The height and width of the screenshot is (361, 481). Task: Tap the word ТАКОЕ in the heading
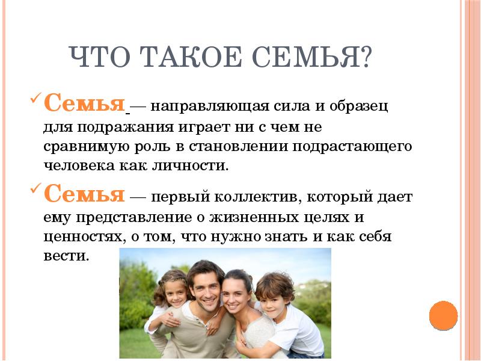point(192,57)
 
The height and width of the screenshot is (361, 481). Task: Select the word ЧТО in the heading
point(100,57)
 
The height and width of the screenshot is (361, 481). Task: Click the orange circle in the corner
point(443,315)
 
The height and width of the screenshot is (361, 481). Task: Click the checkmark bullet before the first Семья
point(36,99)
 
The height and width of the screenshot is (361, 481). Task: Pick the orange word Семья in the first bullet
point(84,103)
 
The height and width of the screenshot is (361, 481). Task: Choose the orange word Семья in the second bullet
point(84,193)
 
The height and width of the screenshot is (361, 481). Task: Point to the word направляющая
point(209,107)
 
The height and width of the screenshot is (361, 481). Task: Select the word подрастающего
point(352,147)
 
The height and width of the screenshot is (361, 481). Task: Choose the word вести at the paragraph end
point(66,256)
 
